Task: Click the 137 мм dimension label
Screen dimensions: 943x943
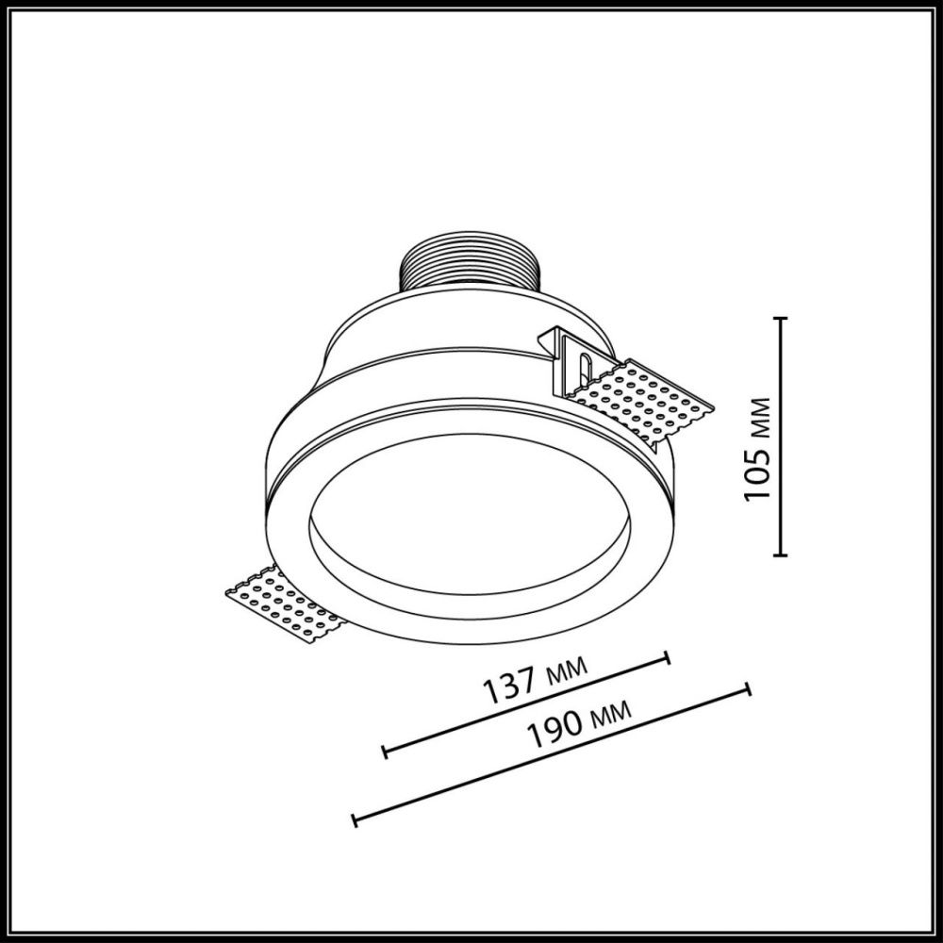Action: [x=535, y=682]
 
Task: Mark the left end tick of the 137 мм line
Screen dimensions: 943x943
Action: [x=385, y=752]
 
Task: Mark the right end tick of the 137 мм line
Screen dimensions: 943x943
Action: [x=668, y=658]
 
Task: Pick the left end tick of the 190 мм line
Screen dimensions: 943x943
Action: [x=354, y=819]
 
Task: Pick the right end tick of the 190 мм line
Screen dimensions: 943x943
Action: [x=748, y=688]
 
